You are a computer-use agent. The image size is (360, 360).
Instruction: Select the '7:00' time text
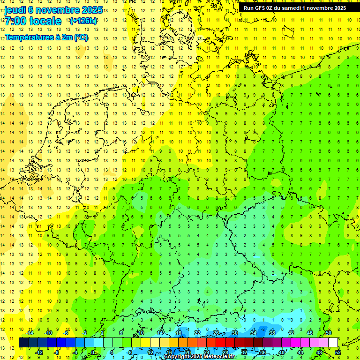point(15,21)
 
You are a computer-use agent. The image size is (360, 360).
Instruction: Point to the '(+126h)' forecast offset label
point(83,21)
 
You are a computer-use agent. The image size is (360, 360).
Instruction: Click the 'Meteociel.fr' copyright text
point(217,357)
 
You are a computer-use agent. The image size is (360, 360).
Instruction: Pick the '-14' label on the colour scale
point(30,333)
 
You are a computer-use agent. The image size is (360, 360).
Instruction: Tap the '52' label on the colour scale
point(338,352)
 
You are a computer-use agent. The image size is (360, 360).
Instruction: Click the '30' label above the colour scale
point(234,333)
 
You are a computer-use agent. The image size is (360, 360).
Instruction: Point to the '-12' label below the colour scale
point(39,352)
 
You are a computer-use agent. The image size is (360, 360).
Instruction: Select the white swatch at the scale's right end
point(333,343)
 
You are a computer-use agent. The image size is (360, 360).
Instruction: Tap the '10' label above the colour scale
point(141,333)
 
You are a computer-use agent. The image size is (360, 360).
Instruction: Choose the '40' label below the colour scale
point(281,352)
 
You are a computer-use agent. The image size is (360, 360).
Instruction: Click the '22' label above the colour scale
point(197,333)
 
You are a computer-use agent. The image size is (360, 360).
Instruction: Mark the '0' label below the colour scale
point(93,352)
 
